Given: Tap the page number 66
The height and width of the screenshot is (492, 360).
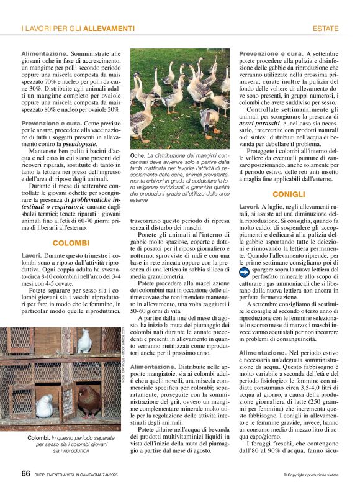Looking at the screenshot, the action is pyautogui.click(x=26, y=474).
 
